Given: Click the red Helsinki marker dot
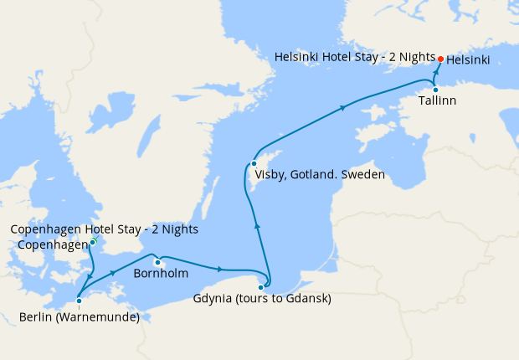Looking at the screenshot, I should [x=441, y=59].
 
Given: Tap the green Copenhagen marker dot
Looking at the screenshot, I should [x=93, y=243].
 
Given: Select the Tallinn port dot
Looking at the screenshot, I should [x=435, y=90].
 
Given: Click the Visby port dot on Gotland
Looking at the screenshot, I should [x=254, y=163].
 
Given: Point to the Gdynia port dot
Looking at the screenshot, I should [x=261, y=287].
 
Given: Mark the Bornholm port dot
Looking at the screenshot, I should [x=157, y=262].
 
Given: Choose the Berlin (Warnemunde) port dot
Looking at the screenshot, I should [x=79, y=301].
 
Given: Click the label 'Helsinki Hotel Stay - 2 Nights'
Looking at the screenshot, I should [x=355, y=57].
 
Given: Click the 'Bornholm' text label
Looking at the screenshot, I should [x=161, y=273].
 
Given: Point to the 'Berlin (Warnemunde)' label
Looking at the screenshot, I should [x=80, y=316].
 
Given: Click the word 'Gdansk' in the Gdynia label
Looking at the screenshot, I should [x=310, y=299].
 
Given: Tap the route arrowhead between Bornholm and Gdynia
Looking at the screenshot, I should [x=220, y=269].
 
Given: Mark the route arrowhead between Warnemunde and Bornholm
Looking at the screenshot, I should [x=112, y=275].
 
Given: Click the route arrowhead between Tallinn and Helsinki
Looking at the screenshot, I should [x=437, y=74].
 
